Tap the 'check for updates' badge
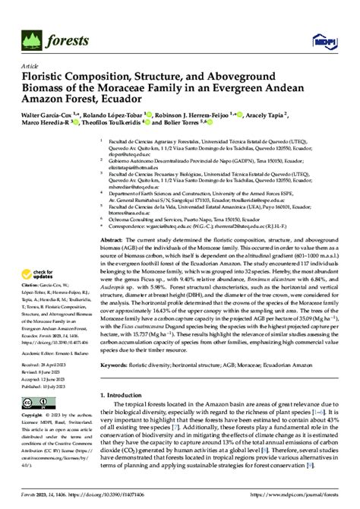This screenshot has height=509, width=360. coord(42,274)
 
